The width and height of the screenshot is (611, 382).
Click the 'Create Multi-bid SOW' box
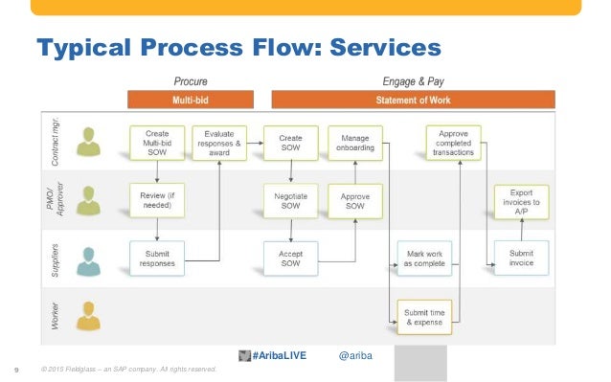[158, 141]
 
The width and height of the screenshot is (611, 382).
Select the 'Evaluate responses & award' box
[219, 141]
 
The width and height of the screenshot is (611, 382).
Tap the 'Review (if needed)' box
[158, 199]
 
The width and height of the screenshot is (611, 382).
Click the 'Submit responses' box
[158, 256]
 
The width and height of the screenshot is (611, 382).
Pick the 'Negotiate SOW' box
[290, 199]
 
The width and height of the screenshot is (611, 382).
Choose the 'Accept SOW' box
[290, 256]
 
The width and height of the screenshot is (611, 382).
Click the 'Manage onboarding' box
[355, 141]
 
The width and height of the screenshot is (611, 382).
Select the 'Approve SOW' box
[355, 199]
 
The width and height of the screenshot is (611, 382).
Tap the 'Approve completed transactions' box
[454, 141]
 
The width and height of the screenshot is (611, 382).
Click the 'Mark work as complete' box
[422, 256]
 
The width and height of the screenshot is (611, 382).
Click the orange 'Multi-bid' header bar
[192, 99]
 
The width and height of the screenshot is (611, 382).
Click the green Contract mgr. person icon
[90, 142]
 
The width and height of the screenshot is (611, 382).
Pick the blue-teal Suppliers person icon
[90, 257]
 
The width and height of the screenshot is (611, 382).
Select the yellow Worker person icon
[90, 313]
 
